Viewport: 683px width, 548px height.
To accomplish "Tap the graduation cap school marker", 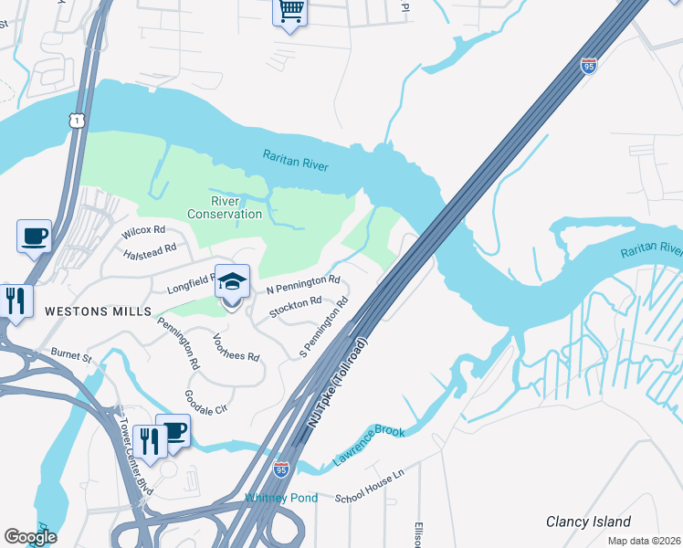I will [x=232, y=282].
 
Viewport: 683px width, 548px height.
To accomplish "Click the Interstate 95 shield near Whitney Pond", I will [x=281, y=470].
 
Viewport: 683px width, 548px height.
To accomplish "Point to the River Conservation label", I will [x=224, y=207].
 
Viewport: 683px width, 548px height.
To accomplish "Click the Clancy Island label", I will [x=588, y=522].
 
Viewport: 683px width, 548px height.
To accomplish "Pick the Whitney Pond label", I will [x=281, y=498].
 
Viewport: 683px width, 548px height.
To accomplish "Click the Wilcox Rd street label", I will [x=143, y=230].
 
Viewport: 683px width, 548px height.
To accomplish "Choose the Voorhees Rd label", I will [x=236, y=345].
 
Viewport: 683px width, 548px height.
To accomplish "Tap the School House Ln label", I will [x=369, y=486].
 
